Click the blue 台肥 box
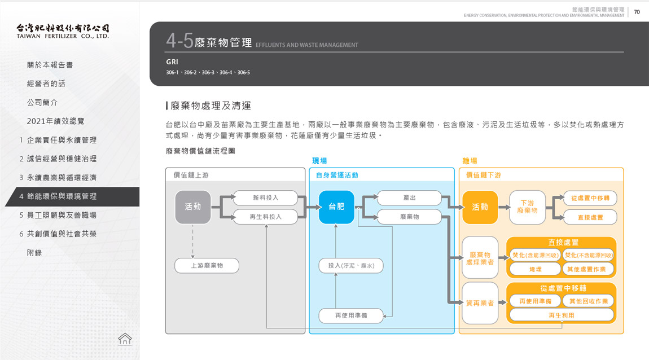[x=336, y=207]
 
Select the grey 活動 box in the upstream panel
[x=193, y=207]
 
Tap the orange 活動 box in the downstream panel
[x=480, y=207]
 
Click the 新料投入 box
[x=265, y=197]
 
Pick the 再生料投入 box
[x=265, y=216]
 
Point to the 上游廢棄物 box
[x=207, y=265]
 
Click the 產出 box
[x=409, y=197]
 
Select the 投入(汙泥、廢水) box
[x=351, y=265]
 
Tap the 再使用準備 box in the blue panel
[x=351, y=315]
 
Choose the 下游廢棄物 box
[x=527, y=207]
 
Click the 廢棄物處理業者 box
[x=480, y=258]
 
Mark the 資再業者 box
[x=480, y=303]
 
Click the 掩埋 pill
[x=535, y=270]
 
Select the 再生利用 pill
[x=561, y=315]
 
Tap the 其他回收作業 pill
[x=588, y=301]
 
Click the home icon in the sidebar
[x=125, y=339]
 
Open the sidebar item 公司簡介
[x=42, y=103]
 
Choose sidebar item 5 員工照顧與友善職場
[x=58, y=215]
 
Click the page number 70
[x=637, y=12]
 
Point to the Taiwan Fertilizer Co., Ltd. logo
[x=63, y=30]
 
